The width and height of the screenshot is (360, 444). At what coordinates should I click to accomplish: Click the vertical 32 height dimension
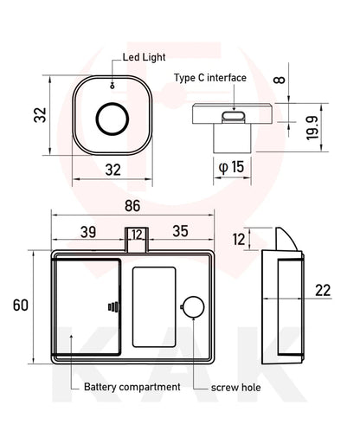pos(40,115)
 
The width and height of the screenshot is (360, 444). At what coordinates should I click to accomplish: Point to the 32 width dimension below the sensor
pos(112,170)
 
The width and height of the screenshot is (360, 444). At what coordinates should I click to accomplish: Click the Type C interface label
pos(209,78)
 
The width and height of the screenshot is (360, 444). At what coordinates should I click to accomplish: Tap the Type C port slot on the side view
pos(233,115)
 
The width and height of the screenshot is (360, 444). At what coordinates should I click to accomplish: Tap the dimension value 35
pos(180,232)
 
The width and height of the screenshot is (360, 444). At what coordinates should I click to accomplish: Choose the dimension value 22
pos(323,290)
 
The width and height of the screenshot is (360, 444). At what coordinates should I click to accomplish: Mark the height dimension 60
pos(20,305)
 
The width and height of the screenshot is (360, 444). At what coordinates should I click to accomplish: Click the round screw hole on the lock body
pos(194,307)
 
